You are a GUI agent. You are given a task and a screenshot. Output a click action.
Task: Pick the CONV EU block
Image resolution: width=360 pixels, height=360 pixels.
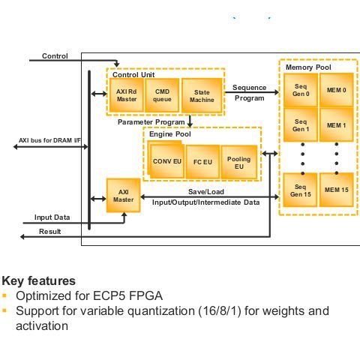coord(166,160)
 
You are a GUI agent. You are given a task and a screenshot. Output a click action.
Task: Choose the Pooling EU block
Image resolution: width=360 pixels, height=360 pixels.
coord(238,160)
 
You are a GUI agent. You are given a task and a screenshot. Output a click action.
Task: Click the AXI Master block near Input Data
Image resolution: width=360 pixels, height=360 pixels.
coord(123,195)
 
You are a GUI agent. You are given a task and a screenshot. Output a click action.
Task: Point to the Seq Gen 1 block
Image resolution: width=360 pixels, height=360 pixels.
coord(301,124)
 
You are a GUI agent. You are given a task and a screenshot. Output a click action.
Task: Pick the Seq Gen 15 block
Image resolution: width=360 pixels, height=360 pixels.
coord(301,190)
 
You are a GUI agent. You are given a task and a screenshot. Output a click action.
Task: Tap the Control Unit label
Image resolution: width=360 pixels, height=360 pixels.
coord(133,74)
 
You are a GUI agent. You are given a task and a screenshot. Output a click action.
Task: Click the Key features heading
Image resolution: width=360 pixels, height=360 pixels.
coord(38,280)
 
